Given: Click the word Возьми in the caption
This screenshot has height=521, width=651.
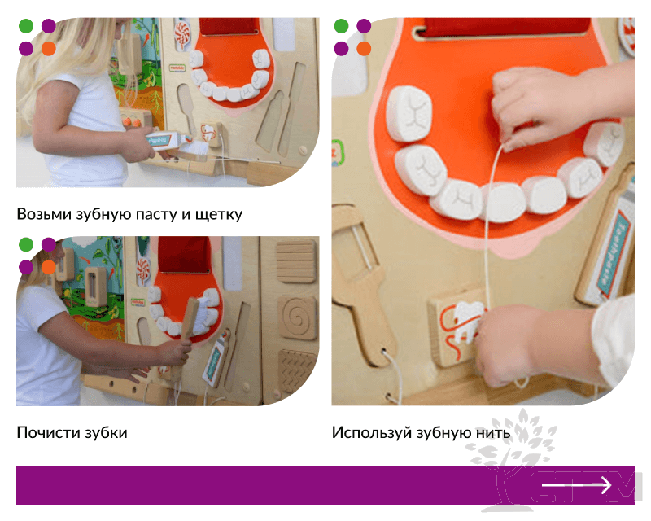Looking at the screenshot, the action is pyautogui.click(x=44, y=214).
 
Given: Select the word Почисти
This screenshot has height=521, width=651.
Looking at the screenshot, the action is pyautogui.click(x=49, y=432).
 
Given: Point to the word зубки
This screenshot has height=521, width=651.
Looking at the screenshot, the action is pyautogui.click(x=107, y=433).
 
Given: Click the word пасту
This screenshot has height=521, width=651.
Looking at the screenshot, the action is pyautogui.click(x=153, y=215).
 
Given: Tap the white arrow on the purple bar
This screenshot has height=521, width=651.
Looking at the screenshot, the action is pyautogui.click(x=576, y=485).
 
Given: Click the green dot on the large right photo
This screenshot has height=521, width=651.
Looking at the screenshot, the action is pyautogui.click(x=341, y=26).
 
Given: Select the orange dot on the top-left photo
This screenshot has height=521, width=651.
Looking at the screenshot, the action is pyautogui.click(x=49, y=49).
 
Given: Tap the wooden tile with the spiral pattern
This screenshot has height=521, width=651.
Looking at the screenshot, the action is pyautogui.click(x=297, y=317).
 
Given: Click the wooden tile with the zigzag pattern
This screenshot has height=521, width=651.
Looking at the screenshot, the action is pyautogui.click(x=296, y=370).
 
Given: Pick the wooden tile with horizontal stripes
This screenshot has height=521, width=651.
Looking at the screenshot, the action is pyautogui.click(x=296, y=261).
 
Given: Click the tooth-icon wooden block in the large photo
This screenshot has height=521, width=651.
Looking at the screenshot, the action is pyautogui.click(x=457, y=327).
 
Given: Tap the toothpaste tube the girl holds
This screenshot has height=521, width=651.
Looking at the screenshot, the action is pyautogui.click(x=165, y=139).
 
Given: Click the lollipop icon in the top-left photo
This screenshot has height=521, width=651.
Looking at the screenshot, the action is pyautogui.click(x=181, y=35).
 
